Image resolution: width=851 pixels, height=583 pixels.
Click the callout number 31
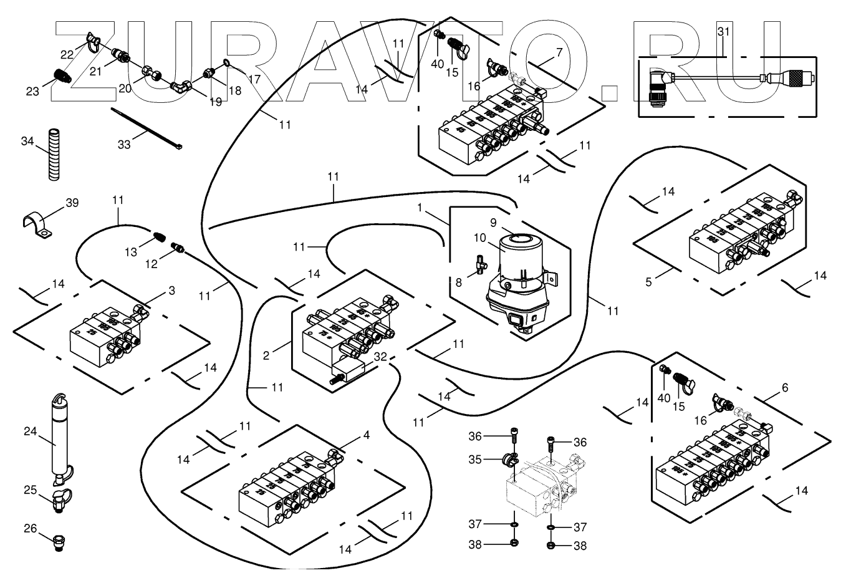click(723, 31)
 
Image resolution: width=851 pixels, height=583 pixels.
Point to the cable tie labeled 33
click(147, 129)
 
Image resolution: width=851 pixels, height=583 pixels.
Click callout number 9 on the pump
click(493, 222)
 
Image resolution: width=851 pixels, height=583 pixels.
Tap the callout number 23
click(32, 92)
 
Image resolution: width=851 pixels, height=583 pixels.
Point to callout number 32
click(380, 357)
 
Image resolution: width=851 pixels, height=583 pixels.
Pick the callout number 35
click(476, 460)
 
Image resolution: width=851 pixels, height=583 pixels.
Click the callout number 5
click(648, 282)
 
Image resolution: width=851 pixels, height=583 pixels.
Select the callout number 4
click(366, 435)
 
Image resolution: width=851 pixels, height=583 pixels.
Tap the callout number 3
click(171, 291)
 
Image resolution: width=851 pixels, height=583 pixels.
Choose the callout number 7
click(559, 53)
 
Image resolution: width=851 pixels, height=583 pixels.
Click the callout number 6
click(784, 388)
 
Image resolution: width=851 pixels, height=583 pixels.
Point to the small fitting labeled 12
click(178, 249)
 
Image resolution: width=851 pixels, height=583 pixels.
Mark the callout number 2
click(266, 356)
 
